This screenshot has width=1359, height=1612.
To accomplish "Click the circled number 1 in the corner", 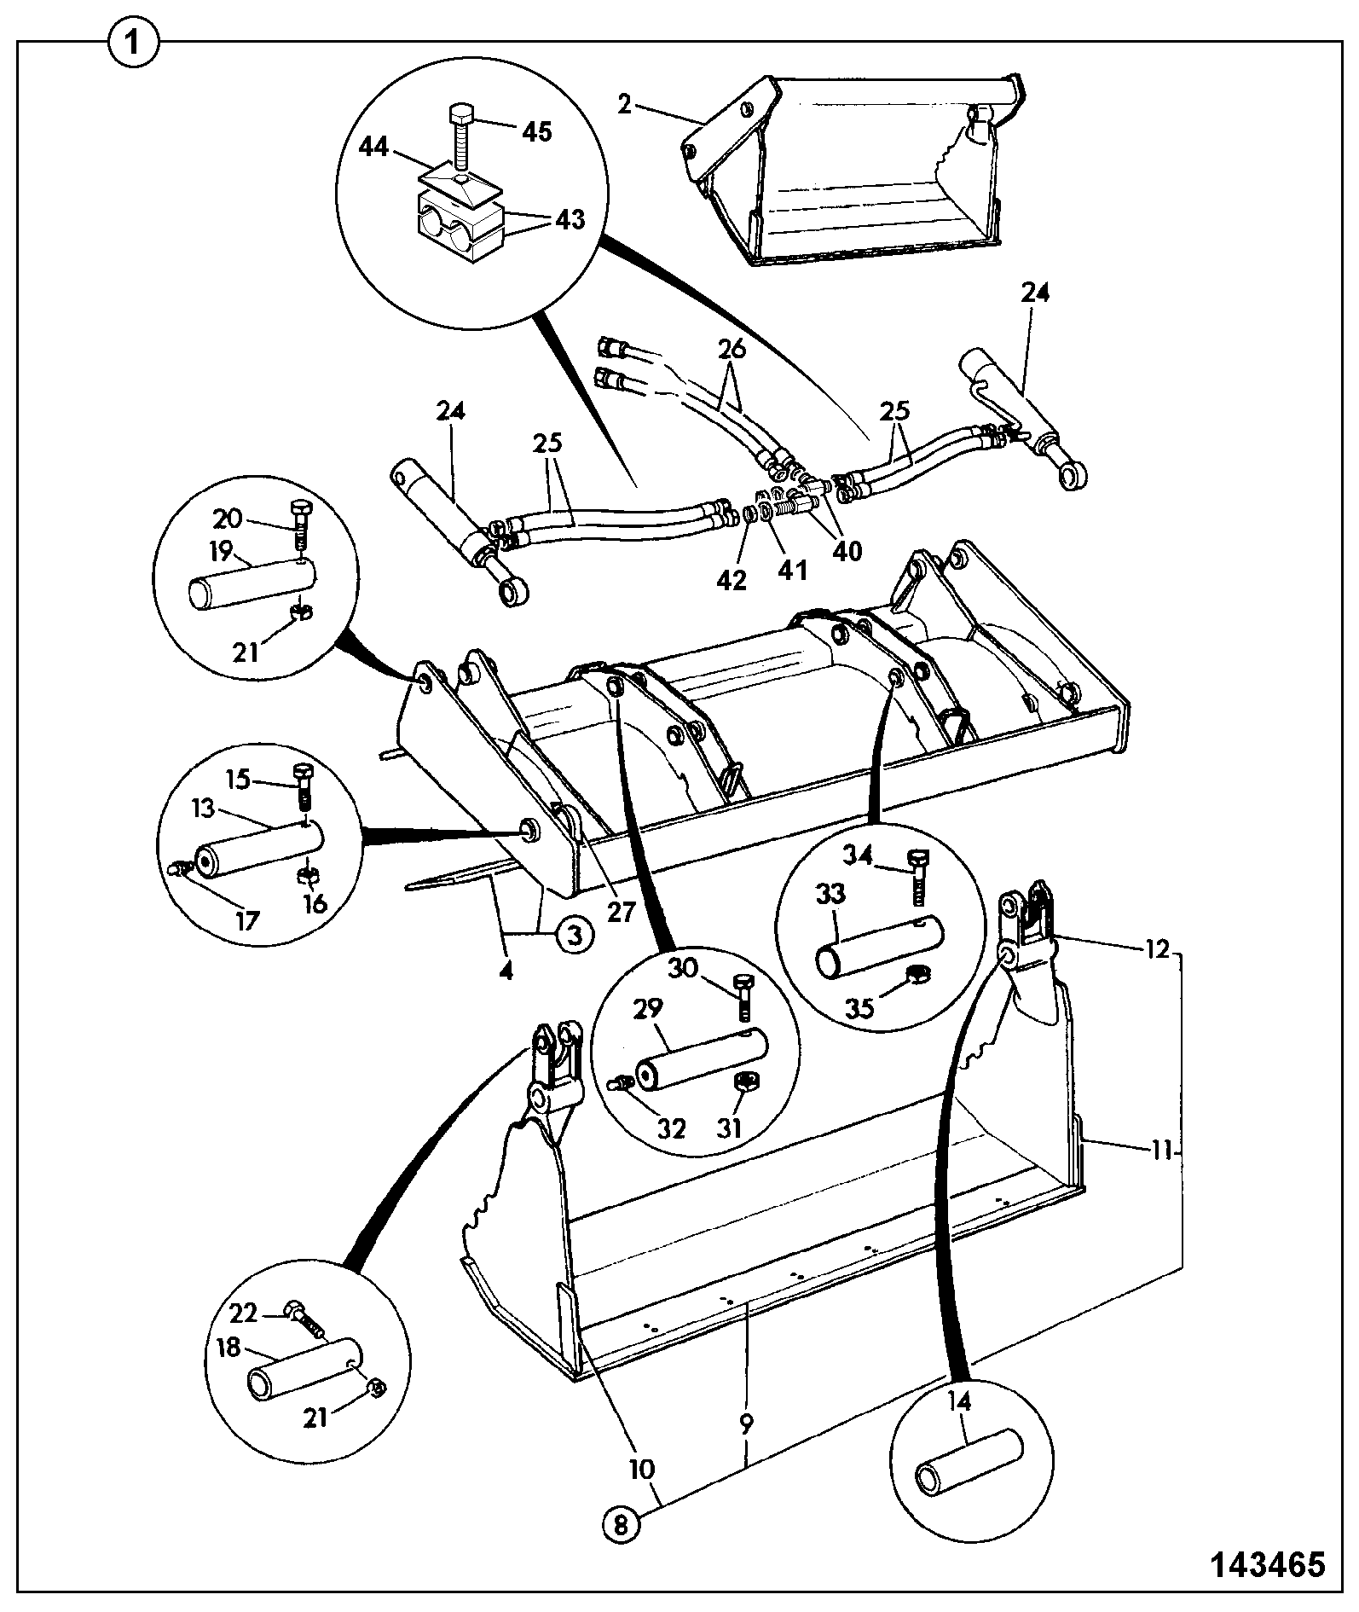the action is click(x=133, y=43).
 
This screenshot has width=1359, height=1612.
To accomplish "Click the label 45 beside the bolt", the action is click(x=536, y=131).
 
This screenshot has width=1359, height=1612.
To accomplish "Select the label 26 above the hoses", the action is click(x=732, y=349).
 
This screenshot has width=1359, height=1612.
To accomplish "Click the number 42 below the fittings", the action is click(x=732, y=580).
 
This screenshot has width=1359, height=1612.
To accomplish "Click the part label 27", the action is click(x=621, y=912).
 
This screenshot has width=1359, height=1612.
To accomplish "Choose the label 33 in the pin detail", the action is click(x=831, y=895).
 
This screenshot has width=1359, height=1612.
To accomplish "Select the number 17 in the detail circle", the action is click(x=247, y=921).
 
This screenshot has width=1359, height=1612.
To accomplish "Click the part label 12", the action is click(x=1157, y=948).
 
